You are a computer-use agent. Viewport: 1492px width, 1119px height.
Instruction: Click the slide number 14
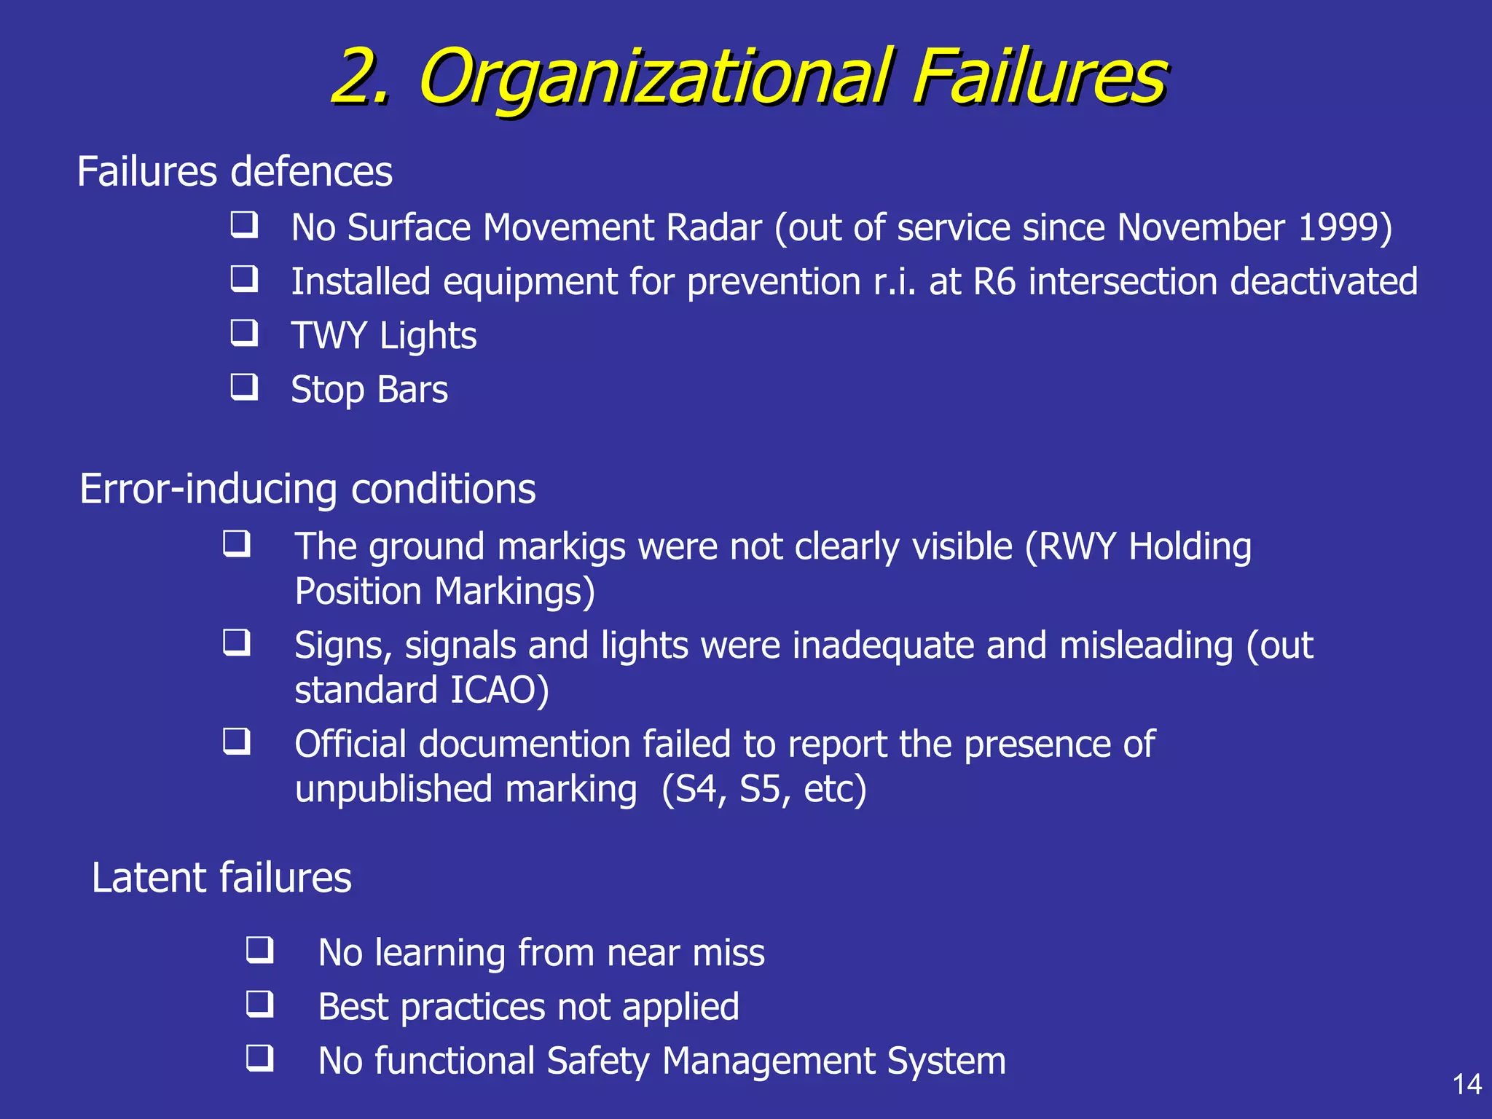pos(1467,1084)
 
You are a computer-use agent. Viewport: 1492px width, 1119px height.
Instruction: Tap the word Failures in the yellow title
pos(1040,76)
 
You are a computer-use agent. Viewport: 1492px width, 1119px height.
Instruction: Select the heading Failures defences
pos(235,172)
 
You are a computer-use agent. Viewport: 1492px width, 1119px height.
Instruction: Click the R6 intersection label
pos(994,281)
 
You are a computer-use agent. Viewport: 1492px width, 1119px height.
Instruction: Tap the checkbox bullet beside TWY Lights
pos(244,333)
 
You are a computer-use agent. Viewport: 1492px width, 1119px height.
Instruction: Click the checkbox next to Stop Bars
pos(244,387)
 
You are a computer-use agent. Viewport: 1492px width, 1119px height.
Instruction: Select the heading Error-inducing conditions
pos(307,489)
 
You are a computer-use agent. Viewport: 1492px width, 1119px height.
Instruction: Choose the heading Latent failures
pos(221,877)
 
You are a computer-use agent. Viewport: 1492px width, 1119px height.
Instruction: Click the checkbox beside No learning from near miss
pos(260,950)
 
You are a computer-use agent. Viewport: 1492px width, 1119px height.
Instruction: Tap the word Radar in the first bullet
pos(713,227)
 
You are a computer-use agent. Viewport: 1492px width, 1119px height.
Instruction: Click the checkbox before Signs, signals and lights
pos(237,643)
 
